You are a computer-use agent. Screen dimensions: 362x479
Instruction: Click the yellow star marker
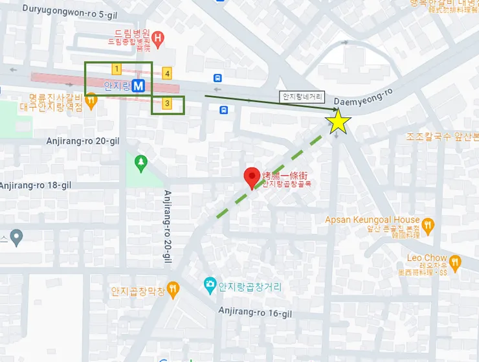click(x=337, y=121)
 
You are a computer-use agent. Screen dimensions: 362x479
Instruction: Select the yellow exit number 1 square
click(x=117, y=68)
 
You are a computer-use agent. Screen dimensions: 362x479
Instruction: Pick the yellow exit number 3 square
click(x=167, y=103)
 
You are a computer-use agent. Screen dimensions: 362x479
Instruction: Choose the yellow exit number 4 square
click(x=167, y=73)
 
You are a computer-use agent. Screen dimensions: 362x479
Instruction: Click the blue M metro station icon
click(x=139, y=85)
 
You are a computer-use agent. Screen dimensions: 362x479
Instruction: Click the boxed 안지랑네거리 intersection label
click(x=302, y=96)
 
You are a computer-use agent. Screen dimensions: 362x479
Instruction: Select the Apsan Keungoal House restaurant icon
click(x=427, y=225)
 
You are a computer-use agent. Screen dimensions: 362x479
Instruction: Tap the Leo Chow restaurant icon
click(x=455, y=262)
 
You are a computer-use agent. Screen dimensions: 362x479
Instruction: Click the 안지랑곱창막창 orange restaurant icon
click(x=172, y=289)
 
